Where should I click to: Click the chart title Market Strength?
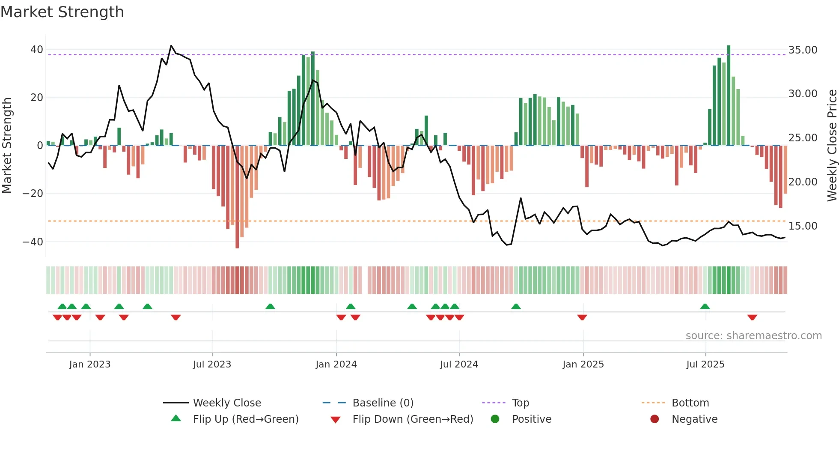click(62, 12)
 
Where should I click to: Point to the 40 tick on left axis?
click(36, 50)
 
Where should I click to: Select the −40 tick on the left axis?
click(33, 242)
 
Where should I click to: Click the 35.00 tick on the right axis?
click(803, 50)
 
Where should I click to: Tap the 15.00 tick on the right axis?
click(803, 226)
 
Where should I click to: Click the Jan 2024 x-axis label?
click(336, 364)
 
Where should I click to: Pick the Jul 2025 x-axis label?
click(705, 364)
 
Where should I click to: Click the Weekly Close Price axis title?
click(832, 146)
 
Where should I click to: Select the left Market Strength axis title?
click(7, 146)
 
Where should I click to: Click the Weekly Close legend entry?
click(226, 403)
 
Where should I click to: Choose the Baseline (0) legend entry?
click(383, 403)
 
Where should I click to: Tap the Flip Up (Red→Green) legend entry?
click(245, 419)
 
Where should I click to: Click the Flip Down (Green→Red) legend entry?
click(413, 419)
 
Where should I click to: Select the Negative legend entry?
click(694, 419)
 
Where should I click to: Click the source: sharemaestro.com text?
click(753, 336)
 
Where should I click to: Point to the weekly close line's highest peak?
click(171, 46)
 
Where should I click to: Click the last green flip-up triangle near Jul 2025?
click(705, 307)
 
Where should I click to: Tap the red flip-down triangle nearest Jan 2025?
click(582, 317)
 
